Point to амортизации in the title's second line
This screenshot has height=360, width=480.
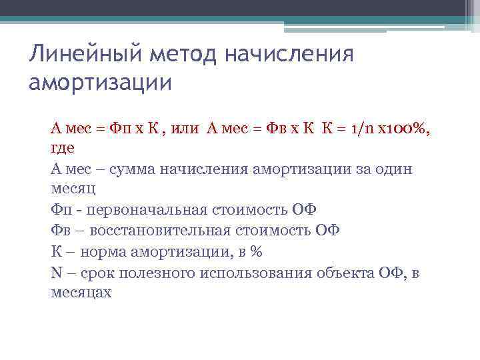tap(101, 84)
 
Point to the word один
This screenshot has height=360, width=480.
tap(395, 169)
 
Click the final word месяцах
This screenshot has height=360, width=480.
tap(81, 293)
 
